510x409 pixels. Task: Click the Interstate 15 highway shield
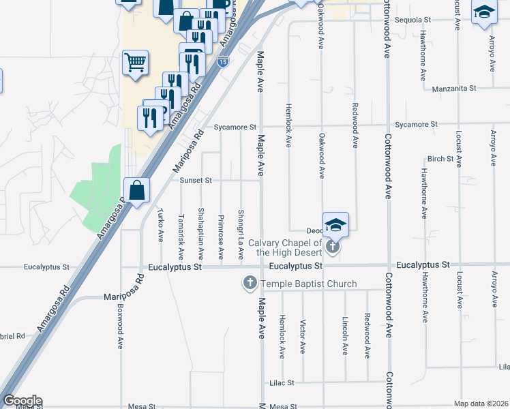pyautogui.click(x=223, y=62)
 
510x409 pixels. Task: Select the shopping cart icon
pyautogui.click(x=136, y=63)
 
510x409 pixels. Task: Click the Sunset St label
pyautogui.click(x=196, y=181)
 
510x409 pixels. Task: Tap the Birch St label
pyautogui.click(x=440, y=159)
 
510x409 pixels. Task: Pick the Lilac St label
pyautogui.click(x=281, y=383)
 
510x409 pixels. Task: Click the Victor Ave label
pyautogui.click(x=303, y=338)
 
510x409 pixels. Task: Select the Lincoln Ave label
pyautogui.click(x=346, y=339)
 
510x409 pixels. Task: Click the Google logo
pyautogui.click(x=22, y=401)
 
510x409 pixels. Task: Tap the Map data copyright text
pyautogui.click(x=481, y=404)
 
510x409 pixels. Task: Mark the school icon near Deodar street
pyautogui.click(x=335, y=224)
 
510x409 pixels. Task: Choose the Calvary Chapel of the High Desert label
pyautogui.click(x=284, y=247)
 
